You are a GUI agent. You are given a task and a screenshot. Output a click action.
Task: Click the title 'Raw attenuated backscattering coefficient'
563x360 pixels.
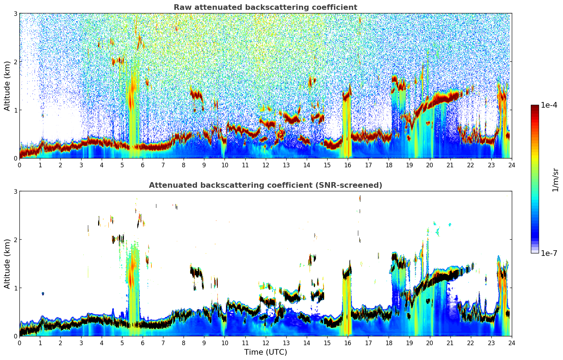coord(265,7)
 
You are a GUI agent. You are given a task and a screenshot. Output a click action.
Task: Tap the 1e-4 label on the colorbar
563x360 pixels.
coord(549,105)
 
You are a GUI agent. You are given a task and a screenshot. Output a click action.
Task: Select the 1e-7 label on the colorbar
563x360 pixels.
coord(549,253)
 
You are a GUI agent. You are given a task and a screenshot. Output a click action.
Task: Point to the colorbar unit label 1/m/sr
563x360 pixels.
coord(555,180)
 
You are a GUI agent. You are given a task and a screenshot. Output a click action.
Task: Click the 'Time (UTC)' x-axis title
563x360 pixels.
coord(265,352)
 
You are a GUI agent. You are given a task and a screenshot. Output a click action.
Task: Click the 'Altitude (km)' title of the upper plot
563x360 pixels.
coord(7,86)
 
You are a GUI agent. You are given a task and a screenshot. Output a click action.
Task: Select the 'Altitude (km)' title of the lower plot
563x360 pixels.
coord(7,264)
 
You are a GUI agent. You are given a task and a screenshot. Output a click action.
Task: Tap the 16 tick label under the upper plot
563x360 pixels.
coord(348,165)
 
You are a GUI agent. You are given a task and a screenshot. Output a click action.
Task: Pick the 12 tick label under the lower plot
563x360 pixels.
coord(265,343)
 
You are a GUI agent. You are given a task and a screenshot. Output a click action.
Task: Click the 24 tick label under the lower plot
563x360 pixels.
coord(511,343)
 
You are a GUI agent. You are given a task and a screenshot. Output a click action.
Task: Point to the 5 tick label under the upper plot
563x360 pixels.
coord(122,165)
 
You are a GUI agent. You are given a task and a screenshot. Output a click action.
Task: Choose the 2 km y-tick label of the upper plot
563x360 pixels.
coord(16,62)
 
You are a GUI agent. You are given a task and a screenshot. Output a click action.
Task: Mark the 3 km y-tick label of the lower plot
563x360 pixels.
coord(16,191)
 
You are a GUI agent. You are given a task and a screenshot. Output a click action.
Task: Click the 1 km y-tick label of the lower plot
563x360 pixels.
coord(16,288)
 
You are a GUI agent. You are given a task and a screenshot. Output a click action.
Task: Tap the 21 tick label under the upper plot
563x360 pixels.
coord(450,165)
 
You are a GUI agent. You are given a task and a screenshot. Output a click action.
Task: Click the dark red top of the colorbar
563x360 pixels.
coord(535,107)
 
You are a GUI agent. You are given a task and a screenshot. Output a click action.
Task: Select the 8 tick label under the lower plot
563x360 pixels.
coord(184,343)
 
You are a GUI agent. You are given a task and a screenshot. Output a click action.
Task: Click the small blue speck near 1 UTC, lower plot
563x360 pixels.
coord(43,294)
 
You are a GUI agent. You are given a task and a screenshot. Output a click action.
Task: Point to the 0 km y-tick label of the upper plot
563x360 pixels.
coord(16,158)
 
